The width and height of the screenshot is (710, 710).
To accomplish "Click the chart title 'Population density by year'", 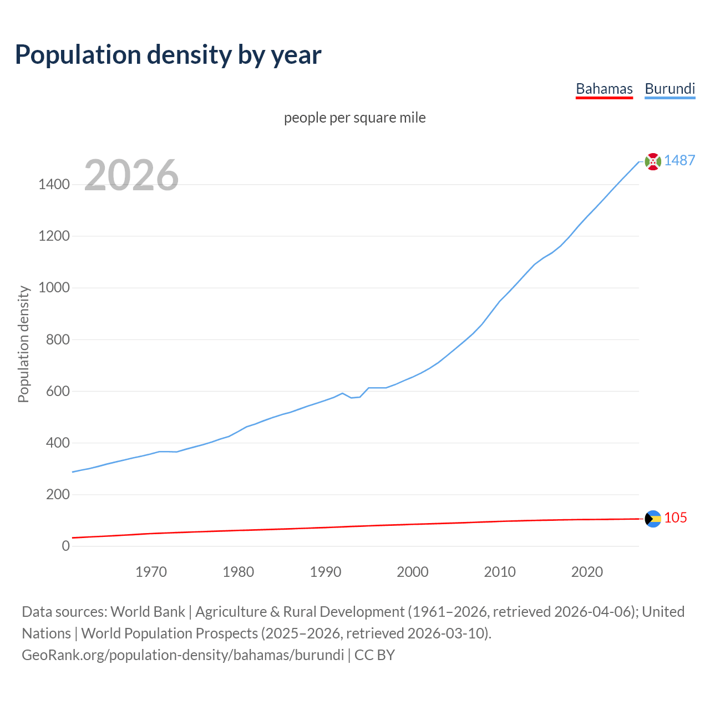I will pos(168,55).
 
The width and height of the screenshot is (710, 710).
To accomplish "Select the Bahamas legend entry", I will pos(604,89).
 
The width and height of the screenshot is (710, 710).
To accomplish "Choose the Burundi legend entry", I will pos(670,89).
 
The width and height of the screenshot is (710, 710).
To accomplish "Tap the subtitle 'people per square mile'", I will pos(354,118).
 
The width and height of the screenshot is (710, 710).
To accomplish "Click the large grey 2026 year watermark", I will pos(131,175).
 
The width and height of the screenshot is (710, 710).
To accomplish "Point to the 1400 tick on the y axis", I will pos(54,184).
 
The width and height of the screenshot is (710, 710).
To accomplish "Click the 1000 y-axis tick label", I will pos(54,287).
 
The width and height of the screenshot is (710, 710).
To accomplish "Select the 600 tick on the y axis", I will pos(58,391).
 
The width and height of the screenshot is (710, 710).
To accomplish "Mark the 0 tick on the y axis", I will pos(66,546).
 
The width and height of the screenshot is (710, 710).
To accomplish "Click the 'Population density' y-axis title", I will pos(23,344).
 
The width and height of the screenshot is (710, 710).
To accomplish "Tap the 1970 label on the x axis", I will pos(151,572).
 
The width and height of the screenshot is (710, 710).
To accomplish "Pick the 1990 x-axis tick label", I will pos(326,572).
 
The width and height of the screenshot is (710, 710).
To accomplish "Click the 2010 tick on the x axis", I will pos(500,572).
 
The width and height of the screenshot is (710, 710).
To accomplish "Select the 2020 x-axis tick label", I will pos(587,572).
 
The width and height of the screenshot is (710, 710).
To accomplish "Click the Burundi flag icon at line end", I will pos(653,161).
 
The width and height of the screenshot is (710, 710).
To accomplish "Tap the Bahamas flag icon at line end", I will pos(653,519).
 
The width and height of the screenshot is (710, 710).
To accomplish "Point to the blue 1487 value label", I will pos(679,160).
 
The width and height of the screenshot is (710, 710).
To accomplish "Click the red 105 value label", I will pos(676,518).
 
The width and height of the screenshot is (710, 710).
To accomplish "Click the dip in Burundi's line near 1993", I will pos(351,398).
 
